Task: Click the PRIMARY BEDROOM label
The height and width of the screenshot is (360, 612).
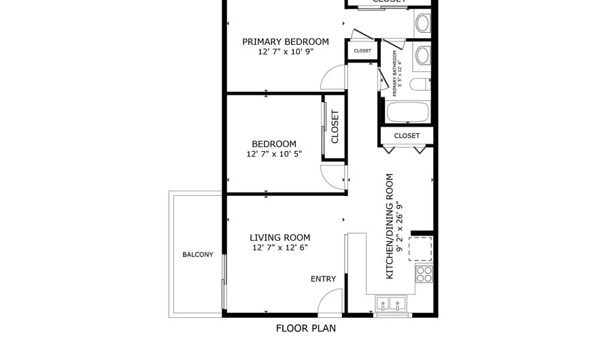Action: click(x=286, y=42)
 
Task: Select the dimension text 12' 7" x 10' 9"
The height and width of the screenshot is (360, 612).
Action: click(x=286, y=52)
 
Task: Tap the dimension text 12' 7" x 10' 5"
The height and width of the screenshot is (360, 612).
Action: click(x=274, y=154)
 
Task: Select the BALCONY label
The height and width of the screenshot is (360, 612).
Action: click(x=197, y=255)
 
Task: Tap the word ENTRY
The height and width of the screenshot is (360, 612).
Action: click(x=323, y=279)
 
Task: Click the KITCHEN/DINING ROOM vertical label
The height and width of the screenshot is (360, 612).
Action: click(x=390, y=226)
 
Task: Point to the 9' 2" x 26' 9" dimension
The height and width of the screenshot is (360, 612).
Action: click(x=400, y=226)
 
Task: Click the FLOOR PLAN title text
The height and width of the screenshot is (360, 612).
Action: click(x=305, y=329)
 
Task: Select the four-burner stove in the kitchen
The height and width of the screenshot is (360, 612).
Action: click(x=424, y=274)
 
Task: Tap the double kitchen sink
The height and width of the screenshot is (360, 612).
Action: click(x=391, y=304)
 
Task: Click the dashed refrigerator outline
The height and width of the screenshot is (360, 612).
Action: click(x=421, y=249)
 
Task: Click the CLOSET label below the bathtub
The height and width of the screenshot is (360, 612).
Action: click(x=407, y=135)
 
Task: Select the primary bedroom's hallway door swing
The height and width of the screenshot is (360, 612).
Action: click(x=333, y=78)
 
